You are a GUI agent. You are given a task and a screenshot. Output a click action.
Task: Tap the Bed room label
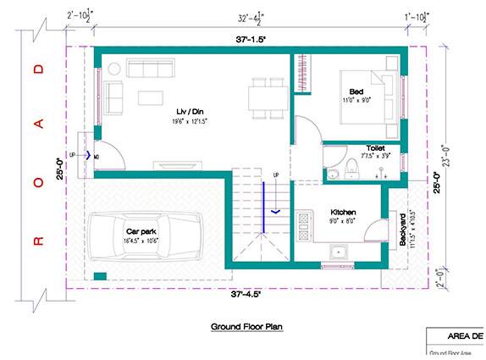click(356, 91)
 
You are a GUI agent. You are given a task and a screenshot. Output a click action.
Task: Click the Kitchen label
click(343, 212)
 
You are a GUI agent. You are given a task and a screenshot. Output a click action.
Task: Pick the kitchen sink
click(340, 252)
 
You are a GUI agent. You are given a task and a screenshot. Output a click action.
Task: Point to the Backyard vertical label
click(403, 230)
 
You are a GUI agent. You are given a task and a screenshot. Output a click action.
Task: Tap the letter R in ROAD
click(36, 241)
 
